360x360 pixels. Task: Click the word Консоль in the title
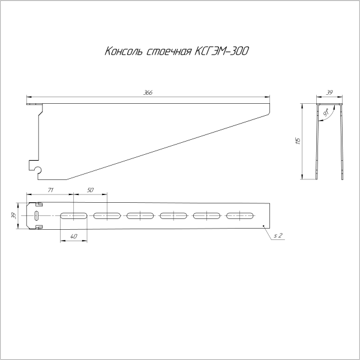tap(124, 52)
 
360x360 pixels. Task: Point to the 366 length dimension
tap(148, 92)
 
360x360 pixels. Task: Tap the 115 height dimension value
tap(297, 142)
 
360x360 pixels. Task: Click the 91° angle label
tap(326, 113)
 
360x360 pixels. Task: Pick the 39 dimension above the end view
tap(329, 92)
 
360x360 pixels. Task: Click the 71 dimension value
tap(51, 190)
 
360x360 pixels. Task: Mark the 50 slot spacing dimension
tap(91, 190)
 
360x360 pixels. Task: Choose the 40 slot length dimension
tap(73, 237)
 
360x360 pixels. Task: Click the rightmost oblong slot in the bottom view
tap(240, 215)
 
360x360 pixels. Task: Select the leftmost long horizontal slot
tap(73, 215)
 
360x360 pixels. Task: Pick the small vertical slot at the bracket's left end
tap(37, 215)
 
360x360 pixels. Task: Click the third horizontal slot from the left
tap(140, 215)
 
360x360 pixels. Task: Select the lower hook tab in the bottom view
tap(39, 227)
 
